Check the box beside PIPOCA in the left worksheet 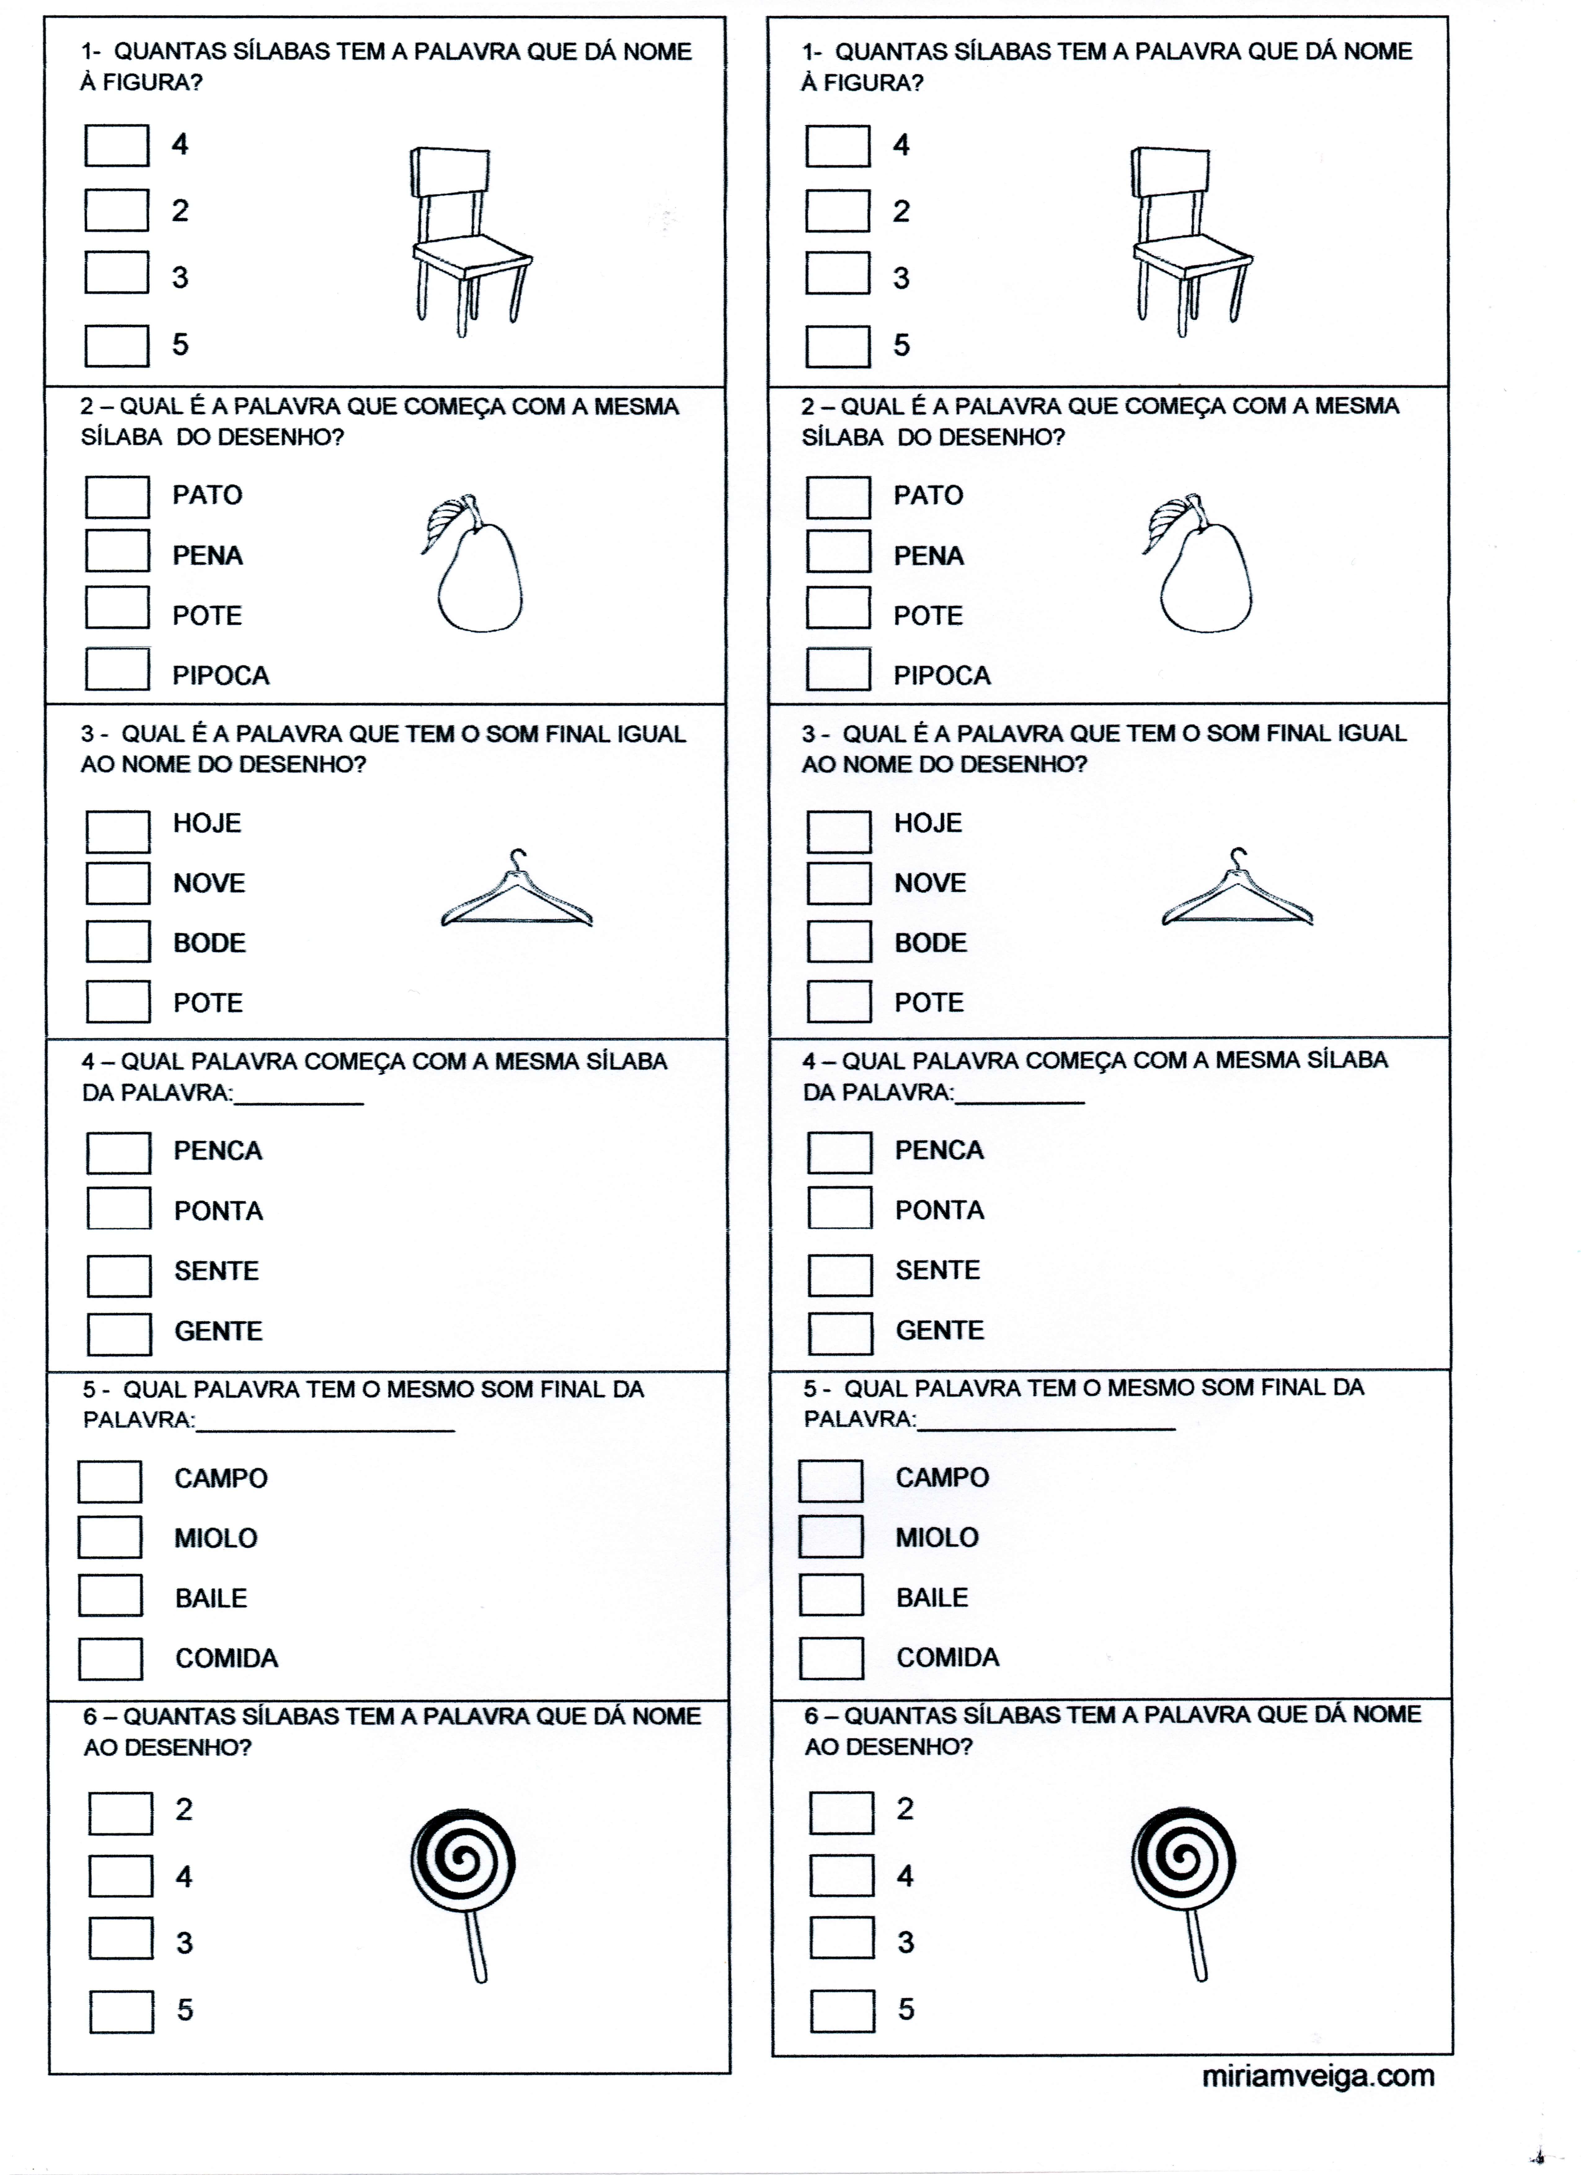tap(117, 669)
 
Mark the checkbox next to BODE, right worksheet tap(839, 942)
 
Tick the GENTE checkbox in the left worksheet tap(119, 1333)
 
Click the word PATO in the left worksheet tap(207, 495)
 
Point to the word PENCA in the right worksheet tap(939, 1150)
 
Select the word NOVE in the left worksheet tap(209, 882)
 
